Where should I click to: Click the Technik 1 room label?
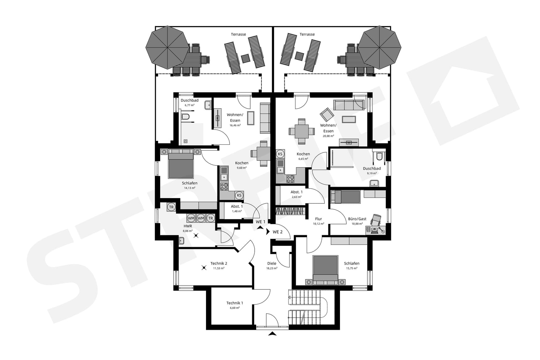(x=235, y=303)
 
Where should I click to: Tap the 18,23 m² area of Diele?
(x=272, y=268)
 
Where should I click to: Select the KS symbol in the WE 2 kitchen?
(x=280, y=154)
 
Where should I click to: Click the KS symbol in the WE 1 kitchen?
(x=239, y=195)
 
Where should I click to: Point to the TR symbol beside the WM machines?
(x=211, y=218)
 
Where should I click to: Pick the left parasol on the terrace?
(x=167, y=47)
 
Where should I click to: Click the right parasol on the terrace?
(x=379, y=47)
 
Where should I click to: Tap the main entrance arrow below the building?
(x=273, y=334)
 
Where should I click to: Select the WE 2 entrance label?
(x=277, y=232)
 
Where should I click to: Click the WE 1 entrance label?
(x=260, y=222)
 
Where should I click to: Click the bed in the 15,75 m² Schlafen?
(x=326, y=268)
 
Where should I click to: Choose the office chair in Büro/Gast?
(x=376, y=219)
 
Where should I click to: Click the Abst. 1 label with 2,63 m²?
(x=296, y=192)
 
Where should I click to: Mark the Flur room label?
(x=318, y=219)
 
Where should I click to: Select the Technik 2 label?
(x=219, y=264)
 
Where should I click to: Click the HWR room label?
(x=188, y=226)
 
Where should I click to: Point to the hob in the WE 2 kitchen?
(x=290, y=179)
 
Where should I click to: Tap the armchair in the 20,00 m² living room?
(x=327, y=115)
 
